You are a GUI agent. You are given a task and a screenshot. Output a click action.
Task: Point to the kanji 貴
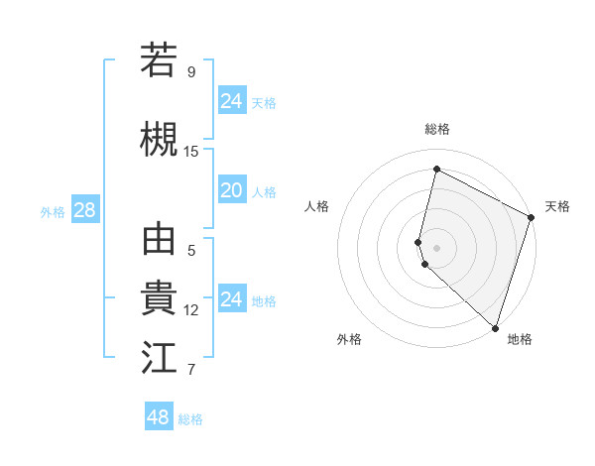click(x=159, y=298)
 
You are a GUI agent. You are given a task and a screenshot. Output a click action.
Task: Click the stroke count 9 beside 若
click(x=190, y=72)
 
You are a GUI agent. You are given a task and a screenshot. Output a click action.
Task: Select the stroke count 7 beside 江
click(x=190, y=370)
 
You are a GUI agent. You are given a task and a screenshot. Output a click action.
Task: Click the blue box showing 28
click(x=84, y=210)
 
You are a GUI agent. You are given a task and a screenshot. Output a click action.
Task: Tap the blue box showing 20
click(x=231, y=190)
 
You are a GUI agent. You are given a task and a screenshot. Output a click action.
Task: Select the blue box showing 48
click(x=159, y=417)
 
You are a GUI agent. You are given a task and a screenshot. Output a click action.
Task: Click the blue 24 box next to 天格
click(x=231, y=100)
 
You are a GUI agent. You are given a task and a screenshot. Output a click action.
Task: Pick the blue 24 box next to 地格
click(x=231, y=299)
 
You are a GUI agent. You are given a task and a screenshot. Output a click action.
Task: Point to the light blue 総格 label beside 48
click(x=190, y=419)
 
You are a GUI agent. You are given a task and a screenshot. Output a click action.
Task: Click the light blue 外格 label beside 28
click(x=53, y=212)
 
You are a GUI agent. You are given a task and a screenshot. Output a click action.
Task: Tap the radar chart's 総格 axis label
click(x=437, y=129)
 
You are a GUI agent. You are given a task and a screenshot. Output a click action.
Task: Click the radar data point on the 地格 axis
click(x=495, y=328)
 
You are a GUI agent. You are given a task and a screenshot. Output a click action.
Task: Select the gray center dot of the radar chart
click(x=437, y=246)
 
